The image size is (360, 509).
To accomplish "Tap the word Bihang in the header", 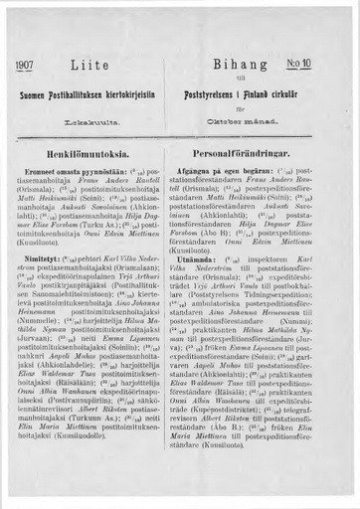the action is pyautogui.click(x=253, y=65).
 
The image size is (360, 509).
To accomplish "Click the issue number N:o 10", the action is pyautogui.click(x=326, y=65).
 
